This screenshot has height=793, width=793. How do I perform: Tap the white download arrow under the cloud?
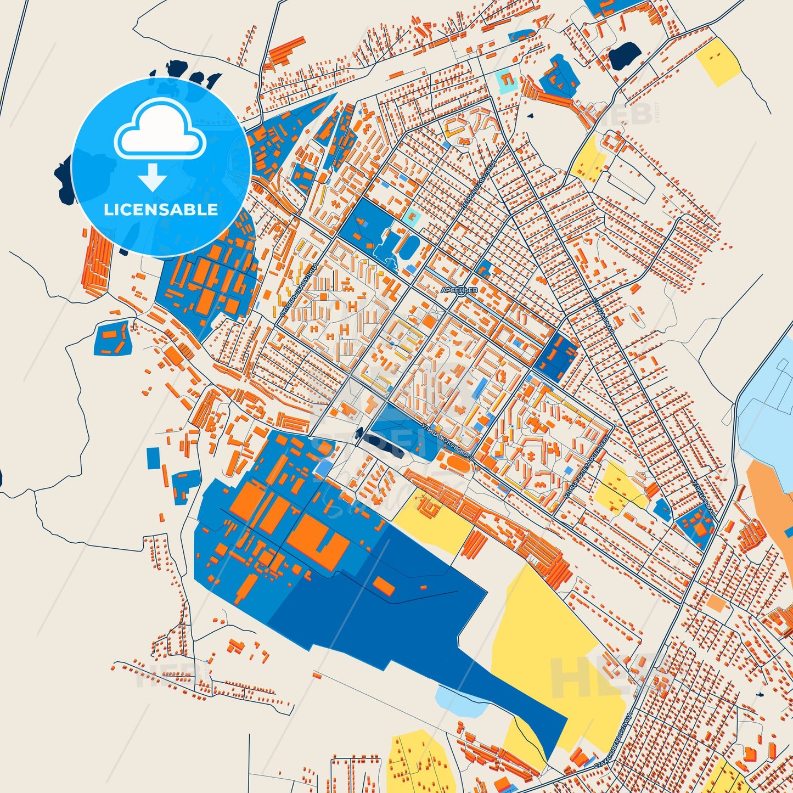[x=152, y=177]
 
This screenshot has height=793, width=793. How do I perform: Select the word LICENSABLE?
[x=161, y=209]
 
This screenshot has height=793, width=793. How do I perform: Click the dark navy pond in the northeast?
[x=625, y=55]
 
